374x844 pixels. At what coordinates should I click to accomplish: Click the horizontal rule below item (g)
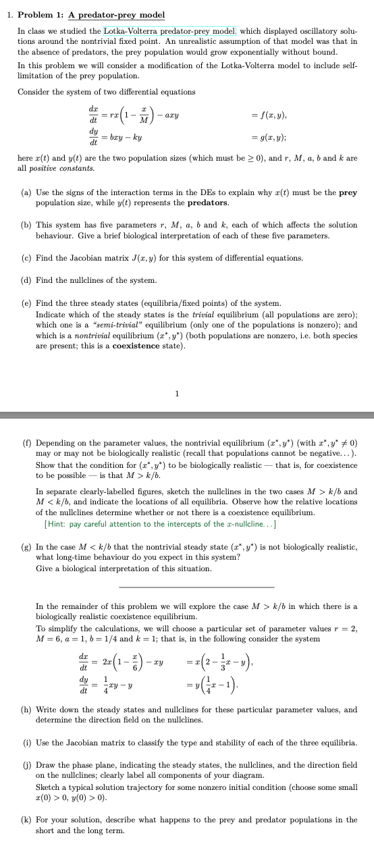[x=196, y=587]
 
